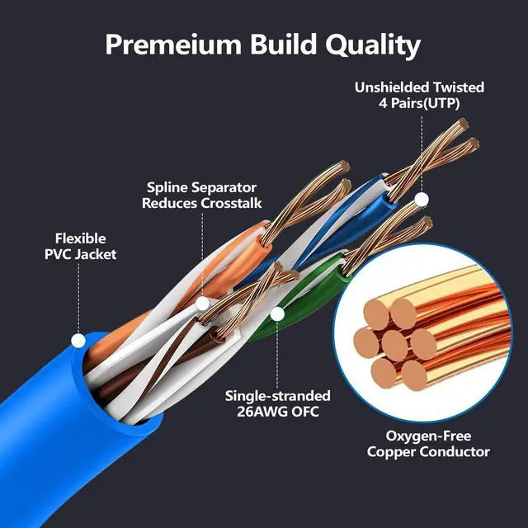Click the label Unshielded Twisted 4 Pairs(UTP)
(419, 95)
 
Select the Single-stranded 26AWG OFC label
(278, 404)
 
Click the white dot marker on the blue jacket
(78, 340)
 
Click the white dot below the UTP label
(422, 199)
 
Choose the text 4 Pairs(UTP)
(419, 104)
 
